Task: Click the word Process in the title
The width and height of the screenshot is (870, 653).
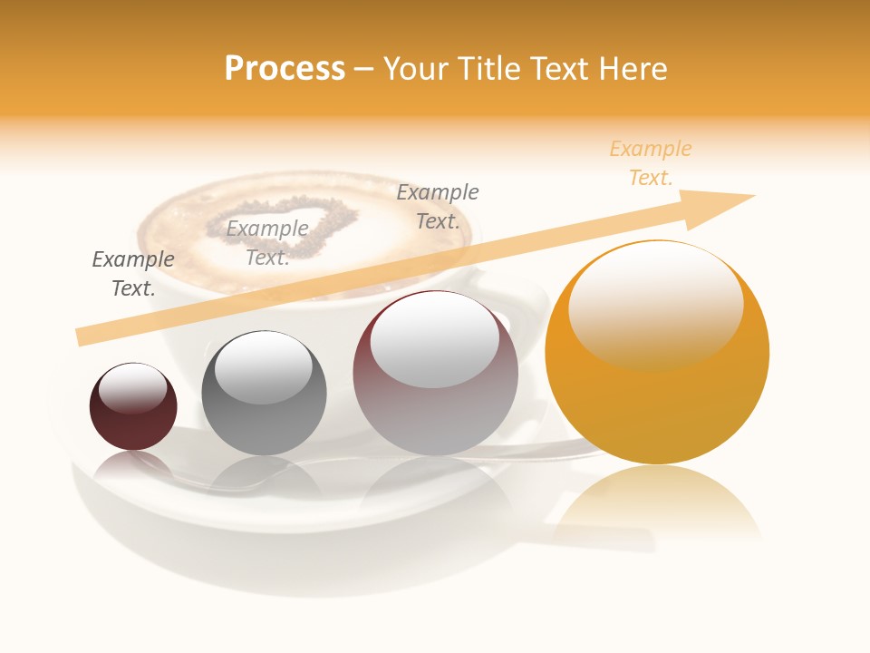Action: click(285, 69)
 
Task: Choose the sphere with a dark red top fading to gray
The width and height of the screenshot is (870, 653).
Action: click(435, 408)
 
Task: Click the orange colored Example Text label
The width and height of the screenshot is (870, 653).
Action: click(651, 163)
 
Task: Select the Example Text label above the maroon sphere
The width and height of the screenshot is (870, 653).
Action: click(133, 274)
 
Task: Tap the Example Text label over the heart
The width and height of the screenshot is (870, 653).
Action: click(267, 243)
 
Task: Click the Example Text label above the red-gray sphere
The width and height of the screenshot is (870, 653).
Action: click(438, 206)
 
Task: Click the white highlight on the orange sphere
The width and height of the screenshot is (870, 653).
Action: click(655, 304)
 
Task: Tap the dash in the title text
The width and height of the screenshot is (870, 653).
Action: click(364, 69)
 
